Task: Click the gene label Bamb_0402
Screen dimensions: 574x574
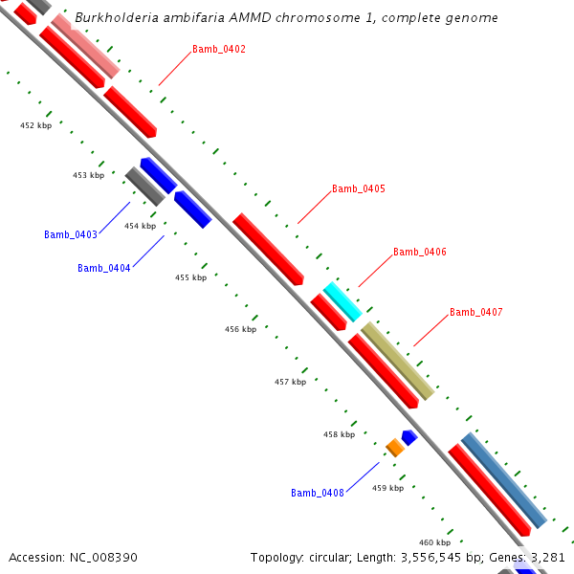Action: point(218,49)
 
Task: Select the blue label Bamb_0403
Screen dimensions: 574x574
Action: point(71,234)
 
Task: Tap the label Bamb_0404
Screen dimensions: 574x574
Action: point(104,268)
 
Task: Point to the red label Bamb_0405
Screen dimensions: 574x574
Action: point(358,189)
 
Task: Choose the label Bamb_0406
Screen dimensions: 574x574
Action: point(419,253)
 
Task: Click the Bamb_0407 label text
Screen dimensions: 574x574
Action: point(475,313)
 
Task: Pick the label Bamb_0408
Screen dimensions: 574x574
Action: point(318,493)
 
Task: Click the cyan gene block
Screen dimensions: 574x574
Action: point(342,301)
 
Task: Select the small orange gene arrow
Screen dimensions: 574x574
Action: point(394,447)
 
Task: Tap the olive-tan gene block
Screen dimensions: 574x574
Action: point(397,361)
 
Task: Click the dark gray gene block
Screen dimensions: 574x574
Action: point(144,187)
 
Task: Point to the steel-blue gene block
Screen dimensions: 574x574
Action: point(503,480)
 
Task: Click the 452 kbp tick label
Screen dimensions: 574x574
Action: point(35,125)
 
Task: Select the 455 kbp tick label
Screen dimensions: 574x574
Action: point(190,277)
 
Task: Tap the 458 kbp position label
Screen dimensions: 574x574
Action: point(339,434)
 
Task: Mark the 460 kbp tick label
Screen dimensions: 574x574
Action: point(434,542)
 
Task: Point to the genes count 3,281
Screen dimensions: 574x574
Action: point(548,557)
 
